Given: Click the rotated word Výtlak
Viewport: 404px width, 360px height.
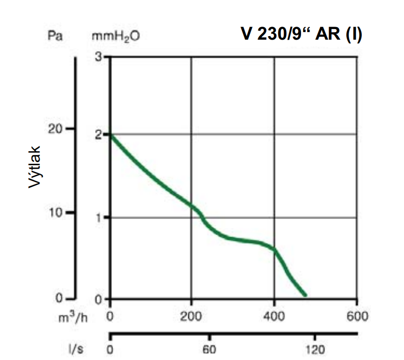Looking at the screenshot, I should click(34, 167).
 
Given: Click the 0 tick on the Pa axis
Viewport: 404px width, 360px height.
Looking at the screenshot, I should click(58, 299).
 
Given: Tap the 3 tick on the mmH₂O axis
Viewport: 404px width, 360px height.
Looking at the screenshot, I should click(98, 56).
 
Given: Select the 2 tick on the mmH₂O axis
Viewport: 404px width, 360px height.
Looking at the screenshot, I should click(98, 135).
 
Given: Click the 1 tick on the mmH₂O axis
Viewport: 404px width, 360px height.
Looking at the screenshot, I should click(99, 217).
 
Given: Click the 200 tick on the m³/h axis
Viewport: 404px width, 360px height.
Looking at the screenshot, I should click(191, 317).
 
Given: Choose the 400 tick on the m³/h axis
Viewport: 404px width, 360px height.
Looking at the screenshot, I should click(274, 317).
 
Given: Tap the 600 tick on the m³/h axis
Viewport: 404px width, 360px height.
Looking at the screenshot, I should click(356, 317).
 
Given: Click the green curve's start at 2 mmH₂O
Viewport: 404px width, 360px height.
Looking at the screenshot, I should click(111, 135).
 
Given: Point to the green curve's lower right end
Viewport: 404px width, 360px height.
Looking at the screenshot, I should click(305, 295).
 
